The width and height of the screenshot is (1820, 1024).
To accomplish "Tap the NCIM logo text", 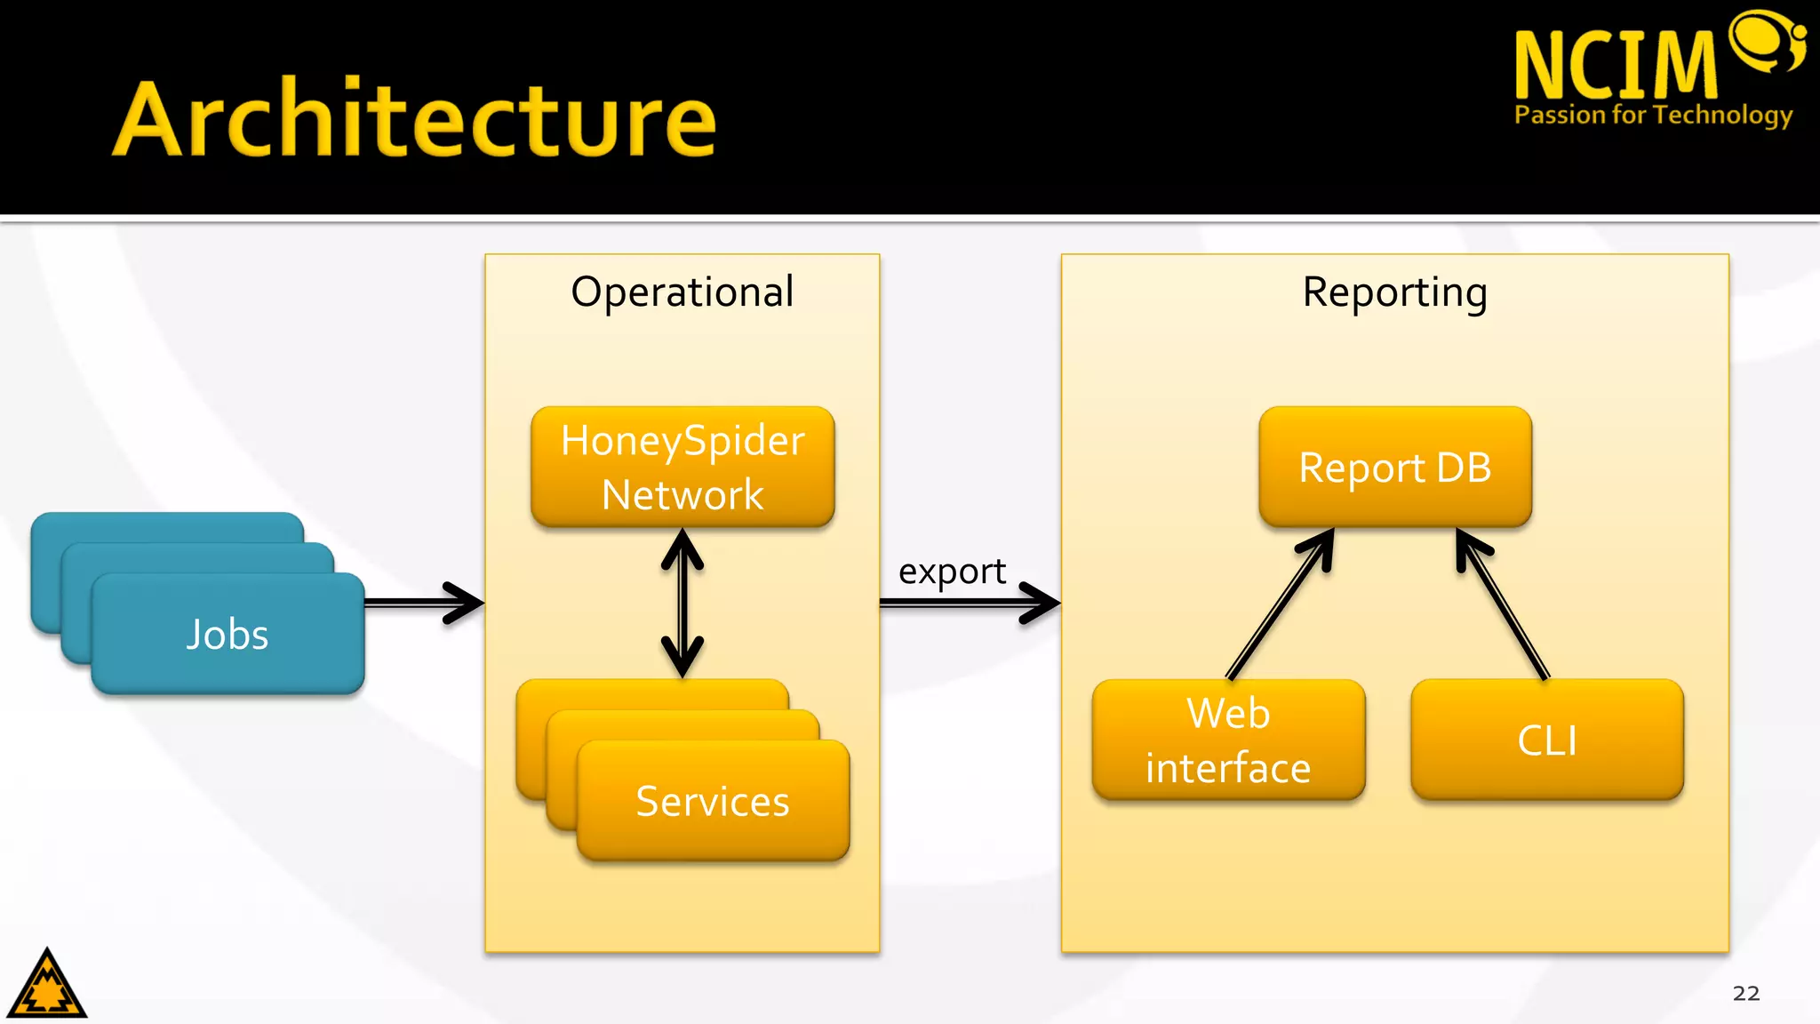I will click(x=1615, y=65).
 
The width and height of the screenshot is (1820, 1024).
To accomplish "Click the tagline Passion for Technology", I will click(x=1653, y=115).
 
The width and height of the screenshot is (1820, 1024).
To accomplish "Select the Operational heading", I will click(x=682, y=292).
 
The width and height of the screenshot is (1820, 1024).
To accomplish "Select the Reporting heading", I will click(x=1394, y=292).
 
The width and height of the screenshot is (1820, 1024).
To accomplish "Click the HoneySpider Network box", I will click(x=682, y=467).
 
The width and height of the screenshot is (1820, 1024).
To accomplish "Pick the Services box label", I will click(x=713, y=801).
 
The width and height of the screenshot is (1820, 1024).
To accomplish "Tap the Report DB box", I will click(x=1395, y=468).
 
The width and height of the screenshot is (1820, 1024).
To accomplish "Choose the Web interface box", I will click(x=1228, y=740).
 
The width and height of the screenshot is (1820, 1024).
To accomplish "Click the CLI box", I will click(x=1547, y=740).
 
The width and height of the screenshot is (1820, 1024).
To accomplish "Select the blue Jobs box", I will click(x=227, y=634).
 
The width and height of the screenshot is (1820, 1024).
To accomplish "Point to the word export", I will click(x=952, y=572).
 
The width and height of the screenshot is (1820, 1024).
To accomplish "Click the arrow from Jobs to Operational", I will click(x=424, y=603).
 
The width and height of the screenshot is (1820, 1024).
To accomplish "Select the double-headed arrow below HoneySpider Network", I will click(x=682, y=603).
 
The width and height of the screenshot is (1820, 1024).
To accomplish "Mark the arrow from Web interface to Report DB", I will click(x=1280, y=604).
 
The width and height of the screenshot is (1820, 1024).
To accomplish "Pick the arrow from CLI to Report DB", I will click(x=1503, y=604).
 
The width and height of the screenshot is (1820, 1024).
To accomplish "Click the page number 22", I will click(x=1745, y=993).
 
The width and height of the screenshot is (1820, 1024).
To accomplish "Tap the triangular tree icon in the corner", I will click(x=47, y=985).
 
